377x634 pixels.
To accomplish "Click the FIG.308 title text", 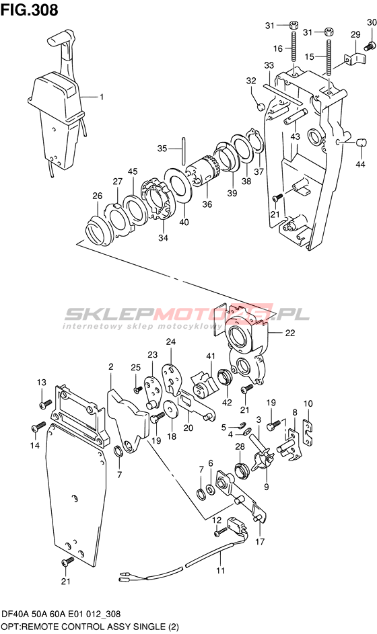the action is [29, 10].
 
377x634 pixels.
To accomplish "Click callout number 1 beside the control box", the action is [102, 97].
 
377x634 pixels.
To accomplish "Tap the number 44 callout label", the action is [360, 164].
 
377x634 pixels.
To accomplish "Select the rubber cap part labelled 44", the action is [361, 143].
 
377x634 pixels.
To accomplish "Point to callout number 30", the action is [372, 23].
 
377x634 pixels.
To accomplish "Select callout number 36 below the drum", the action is [207, 204].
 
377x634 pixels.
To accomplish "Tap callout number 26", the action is [97, 196].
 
